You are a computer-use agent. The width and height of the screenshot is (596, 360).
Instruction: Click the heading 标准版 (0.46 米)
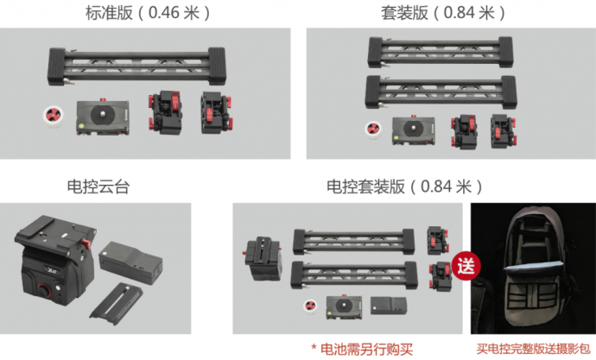148,13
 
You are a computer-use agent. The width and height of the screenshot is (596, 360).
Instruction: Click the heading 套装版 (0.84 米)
443,13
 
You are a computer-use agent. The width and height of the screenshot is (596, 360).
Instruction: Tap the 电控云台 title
98,186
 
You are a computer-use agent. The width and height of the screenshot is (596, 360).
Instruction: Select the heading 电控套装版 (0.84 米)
405,186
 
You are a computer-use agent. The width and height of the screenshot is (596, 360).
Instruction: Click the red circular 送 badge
466,266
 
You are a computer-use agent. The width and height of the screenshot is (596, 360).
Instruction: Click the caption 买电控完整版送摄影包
533,349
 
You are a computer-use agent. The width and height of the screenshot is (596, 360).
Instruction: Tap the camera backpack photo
533,268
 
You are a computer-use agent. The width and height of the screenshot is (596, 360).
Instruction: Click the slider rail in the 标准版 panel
136,66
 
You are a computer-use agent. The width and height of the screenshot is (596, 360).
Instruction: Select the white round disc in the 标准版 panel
54,117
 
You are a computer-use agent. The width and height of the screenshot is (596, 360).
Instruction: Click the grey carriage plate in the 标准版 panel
103,117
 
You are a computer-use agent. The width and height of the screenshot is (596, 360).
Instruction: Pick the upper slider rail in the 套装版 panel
441,53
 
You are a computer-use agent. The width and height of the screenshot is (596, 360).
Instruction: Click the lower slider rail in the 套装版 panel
441,92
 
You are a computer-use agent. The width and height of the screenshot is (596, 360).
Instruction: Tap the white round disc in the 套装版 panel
373,129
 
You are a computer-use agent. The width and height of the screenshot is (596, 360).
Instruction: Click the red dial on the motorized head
43,291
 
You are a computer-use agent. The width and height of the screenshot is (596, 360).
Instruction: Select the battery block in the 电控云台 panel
130,262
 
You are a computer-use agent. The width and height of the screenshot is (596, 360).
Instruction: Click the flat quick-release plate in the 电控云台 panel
117,303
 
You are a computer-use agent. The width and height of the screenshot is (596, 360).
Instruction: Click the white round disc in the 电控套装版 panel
311,306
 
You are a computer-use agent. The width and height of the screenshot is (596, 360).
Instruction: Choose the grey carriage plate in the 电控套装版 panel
344,306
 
